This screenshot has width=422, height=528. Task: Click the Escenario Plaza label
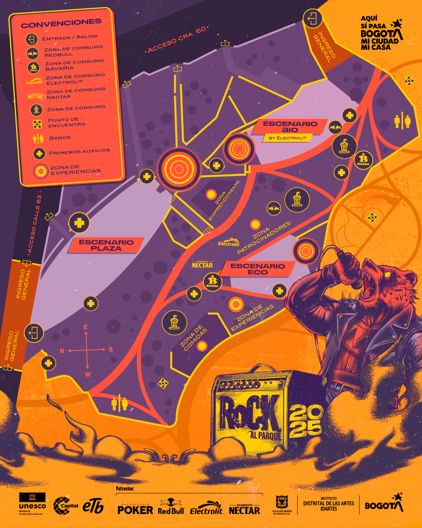[106, 245]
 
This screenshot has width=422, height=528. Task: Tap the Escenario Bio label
[290, 127]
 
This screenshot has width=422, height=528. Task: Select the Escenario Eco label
[257, 269]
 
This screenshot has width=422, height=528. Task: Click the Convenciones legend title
[61, 23]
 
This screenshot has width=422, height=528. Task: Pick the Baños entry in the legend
[60, 138]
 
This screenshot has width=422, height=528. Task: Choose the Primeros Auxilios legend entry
[79, 152]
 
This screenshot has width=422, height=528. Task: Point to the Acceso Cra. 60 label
[177, 40]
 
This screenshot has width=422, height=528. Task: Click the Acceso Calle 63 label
[34, 224]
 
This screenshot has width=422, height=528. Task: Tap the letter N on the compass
[62, 351]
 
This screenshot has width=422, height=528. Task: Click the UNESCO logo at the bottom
[32, 503]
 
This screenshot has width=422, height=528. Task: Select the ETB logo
[93, 505]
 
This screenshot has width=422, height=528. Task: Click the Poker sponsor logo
[135, 509]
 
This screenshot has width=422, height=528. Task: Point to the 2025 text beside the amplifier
[306, 420]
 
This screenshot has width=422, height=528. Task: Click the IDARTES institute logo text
[329, 504]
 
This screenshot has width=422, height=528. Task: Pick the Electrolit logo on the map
[229, 242]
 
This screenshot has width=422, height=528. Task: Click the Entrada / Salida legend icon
[32, 39]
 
